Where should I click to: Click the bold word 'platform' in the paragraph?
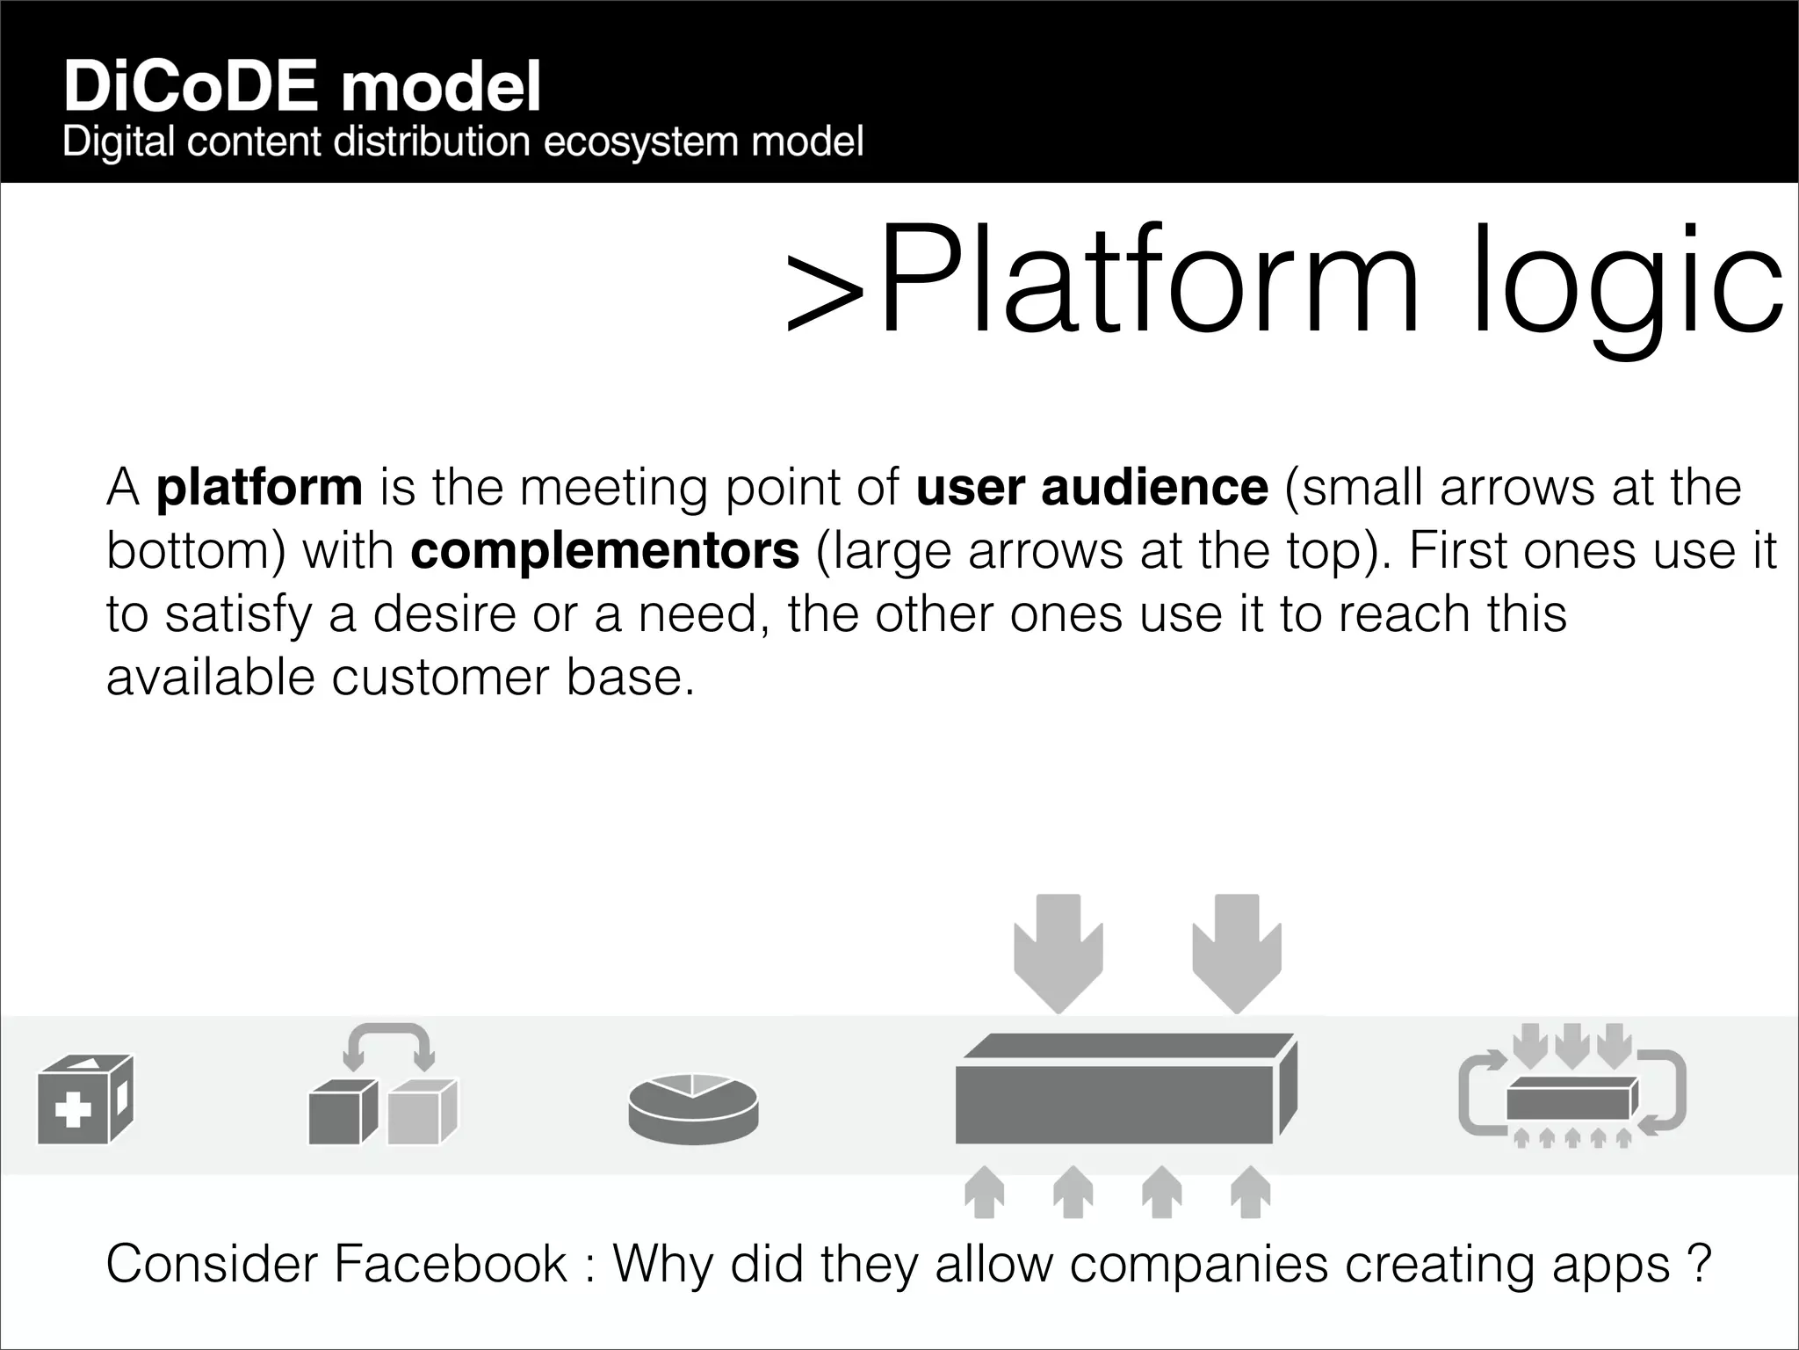259,487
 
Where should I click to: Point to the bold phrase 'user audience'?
1092,487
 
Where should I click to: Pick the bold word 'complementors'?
604,550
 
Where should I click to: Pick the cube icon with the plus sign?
85,1100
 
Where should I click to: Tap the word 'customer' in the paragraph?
439,677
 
